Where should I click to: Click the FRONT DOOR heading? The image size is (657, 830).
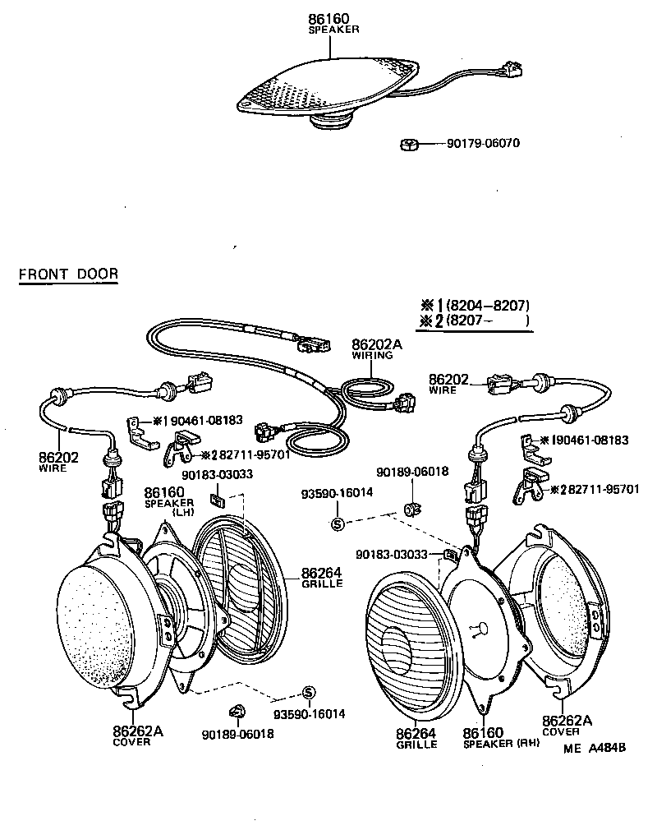point(68,274)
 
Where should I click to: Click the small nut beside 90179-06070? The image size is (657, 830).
point(408,145)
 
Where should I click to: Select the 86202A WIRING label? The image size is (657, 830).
point(376,348)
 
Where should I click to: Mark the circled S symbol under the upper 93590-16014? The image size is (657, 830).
point(338,523)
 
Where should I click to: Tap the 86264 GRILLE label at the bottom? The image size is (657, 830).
point(416,737)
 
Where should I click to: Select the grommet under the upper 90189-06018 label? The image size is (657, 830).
point(410,504)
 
